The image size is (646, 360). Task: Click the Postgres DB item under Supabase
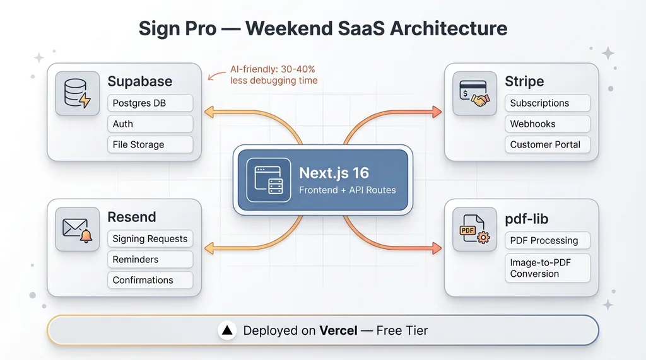tap(150, 103)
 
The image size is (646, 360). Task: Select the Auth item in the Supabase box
tap(150, 124)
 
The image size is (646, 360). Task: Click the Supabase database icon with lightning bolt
tap(78, 93)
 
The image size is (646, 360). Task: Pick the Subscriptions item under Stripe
tap(548, 103)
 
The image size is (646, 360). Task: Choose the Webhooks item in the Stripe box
tap(548, 124)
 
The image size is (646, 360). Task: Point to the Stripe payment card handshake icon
tap(474, 93)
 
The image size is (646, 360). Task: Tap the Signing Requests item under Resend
tap(150, 238)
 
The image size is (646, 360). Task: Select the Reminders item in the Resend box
tap(150, 259)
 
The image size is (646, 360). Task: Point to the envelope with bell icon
tap(78, 229)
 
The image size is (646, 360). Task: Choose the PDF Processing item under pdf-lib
tap(548, 240)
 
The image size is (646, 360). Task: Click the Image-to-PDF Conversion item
tap(548, 268)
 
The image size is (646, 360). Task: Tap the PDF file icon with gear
tap(474, 229)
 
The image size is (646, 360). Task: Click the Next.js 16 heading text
tap(334, 173)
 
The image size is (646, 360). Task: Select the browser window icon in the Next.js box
tap(269, 180)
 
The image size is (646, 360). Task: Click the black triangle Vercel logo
tap(227, 330)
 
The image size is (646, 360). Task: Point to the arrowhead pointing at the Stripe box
tap(437, 112)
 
